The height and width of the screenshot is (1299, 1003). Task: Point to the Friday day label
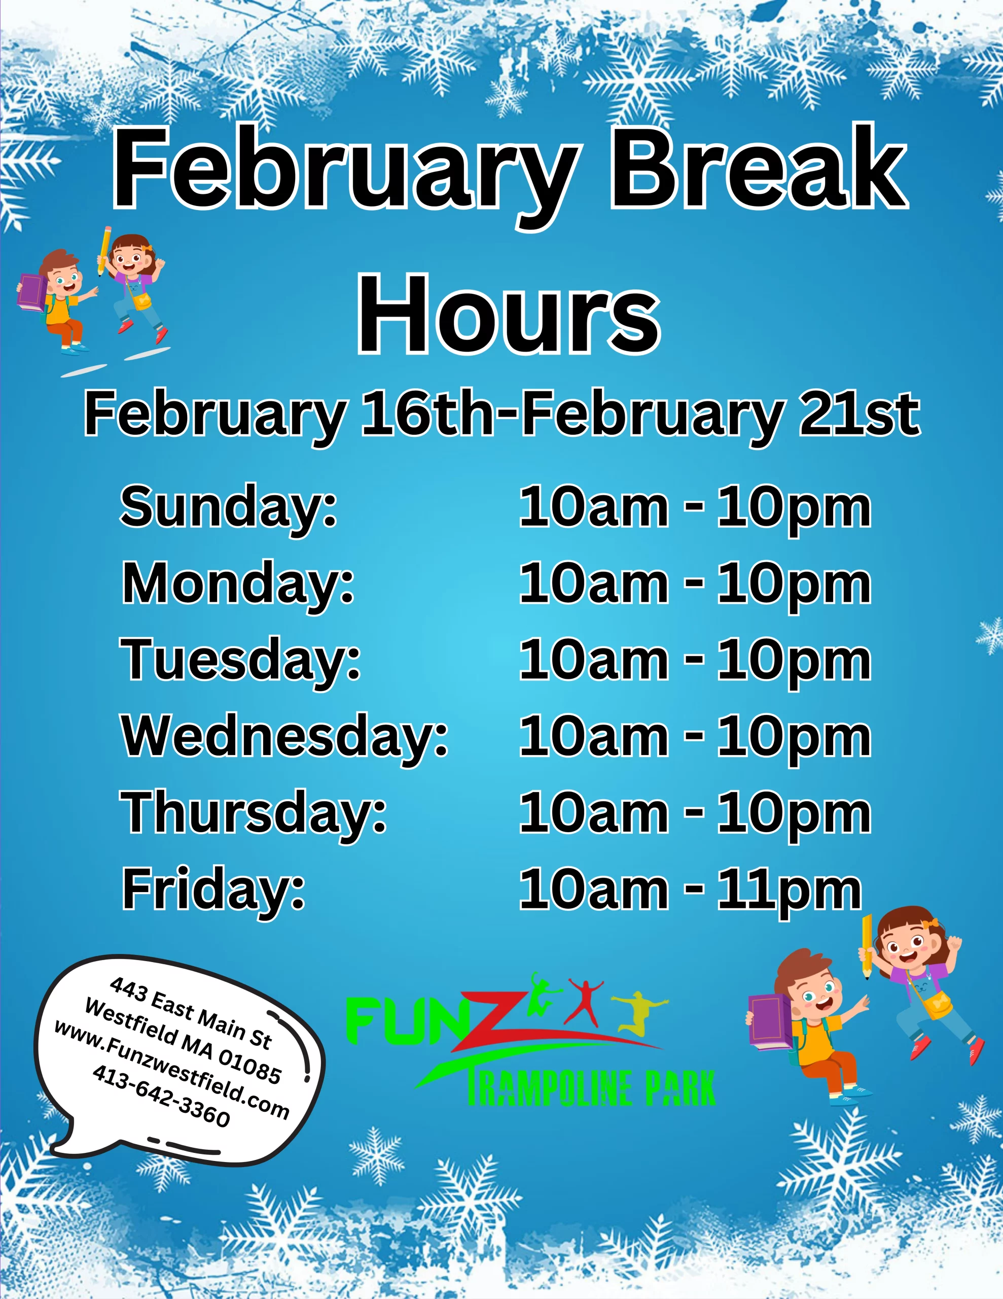[x=213, y=891]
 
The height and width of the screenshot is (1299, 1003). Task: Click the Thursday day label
[x=254, y=814]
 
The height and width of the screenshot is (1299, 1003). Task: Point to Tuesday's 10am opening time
[x=593, y=660]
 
